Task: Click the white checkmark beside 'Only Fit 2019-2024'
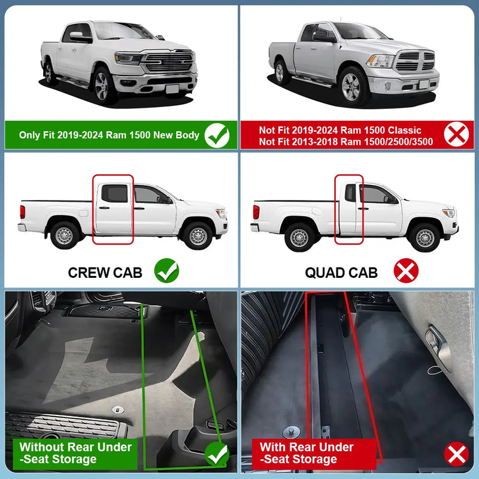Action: (x=217, y=135)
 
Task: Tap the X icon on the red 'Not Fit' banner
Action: (x=456, y=134)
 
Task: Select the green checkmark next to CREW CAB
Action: (x=166, y=271)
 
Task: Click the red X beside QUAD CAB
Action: (x=406, y=271)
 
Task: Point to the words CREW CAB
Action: (x=105, y=273)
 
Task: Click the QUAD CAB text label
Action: (x=341, y=273)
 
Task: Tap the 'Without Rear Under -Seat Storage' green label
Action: (x=75, y=454)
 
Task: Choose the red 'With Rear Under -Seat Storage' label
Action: (x=314, y=454)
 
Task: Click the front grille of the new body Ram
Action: (x=169, y=62)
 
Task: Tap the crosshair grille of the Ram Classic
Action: (x=415, y=61)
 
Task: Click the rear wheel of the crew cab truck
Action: (x=65, y=235)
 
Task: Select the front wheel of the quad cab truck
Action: (x=425, y=238)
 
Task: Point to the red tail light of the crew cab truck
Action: (x=23, y=212)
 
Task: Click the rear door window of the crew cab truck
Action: (x=114, y=193)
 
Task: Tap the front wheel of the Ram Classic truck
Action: (x=351, y=86)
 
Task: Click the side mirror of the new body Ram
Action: (x=79, y=37)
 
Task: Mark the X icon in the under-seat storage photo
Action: (x=456, y=454)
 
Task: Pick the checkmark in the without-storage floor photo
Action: (x=217, y=454)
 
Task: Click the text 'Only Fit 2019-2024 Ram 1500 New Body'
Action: (x=109, y=135)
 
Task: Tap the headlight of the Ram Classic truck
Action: (x=380, y=61)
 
